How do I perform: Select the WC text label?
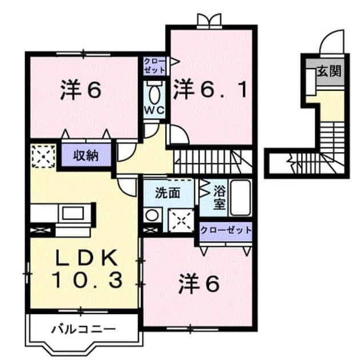pos(154,110)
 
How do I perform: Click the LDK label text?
pos(85,258)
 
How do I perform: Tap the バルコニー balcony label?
pos(83,330)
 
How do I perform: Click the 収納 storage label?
pos(86,156)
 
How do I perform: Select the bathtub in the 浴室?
pos(241,198)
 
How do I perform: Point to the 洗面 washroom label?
pos(167,193)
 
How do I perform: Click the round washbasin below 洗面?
pos(152,215)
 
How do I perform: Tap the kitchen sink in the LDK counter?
pos(73,213)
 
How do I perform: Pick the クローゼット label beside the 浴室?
pos(226,230)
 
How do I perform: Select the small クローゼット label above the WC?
pos(154,66)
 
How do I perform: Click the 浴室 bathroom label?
pos(219,197)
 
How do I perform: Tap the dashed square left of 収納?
pos(43,156)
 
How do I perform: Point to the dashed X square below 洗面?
pos(181,221)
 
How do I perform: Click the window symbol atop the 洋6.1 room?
pos(209,21)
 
